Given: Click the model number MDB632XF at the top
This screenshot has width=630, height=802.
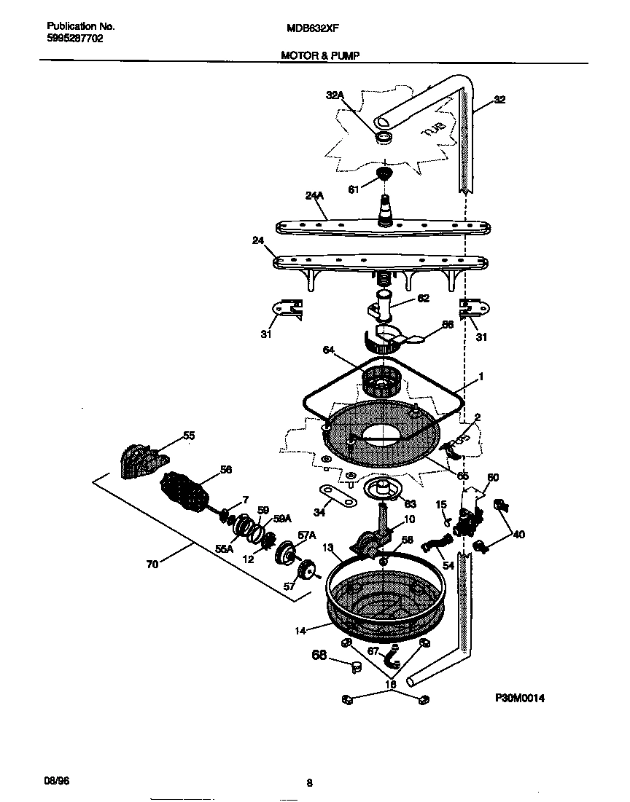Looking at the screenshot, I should [314, 30].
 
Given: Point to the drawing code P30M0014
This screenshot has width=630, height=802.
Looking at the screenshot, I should [520, 698].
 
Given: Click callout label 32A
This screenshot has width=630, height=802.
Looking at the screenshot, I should [334, 95].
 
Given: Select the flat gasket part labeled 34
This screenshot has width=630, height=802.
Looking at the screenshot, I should [336, 498].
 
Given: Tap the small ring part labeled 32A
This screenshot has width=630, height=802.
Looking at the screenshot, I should [384, 136].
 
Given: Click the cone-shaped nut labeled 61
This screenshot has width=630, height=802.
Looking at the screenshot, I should [384, 174].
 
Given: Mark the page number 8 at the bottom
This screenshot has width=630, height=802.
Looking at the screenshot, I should [309, 784].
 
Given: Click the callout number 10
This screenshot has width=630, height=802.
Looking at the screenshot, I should [409, 519].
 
